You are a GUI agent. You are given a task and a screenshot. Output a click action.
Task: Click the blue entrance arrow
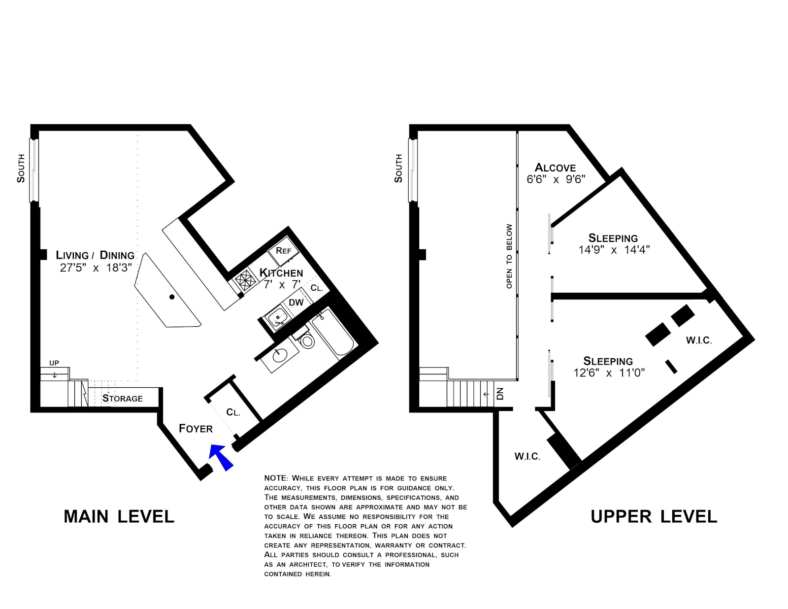(220, 457)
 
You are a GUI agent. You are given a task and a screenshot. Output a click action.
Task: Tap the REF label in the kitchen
(283, 251)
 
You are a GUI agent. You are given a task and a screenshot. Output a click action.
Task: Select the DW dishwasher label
(296, 303)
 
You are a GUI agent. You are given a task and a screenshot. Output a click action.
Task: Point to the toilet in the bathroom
(307, 340)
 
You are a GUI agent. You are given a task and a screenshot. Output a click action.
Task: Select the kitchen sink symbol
(276, 316)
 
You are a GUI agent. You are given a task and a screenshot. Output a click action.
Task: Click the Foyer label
(196, 429)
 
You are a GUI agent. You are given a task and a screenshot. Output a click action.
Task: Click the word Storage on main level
(123, 398)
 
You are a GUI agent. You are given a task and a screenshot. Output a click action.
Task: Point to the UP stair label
(54, 363)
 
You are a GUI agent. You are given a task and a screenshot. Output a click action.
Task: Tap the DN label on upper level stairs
(500, 394)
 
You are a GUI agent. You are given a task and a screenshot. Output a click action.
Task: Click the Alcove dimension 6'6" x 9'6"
(556, 179)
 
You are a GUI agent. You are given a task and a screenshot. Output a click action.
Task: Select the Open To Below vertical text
(509, 256)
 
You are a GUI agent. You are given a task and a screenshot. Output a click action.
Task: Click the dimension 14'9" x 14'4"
(614, 250)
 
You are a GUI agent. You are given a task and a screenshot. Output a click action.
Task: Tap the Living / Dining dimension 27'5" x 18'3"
(96, 268)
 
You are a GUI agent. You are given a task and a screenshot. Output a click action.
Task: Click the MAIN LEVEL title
(119, 516)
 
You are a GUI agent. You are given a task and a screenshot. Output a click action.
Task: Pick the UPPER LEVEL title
(654, 516)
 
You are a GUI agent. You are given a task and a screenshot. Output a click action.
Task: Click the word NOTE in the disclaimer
(275, 478)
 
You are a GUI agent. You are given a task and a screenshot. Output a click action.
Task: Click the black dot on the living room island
(172, 297)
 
